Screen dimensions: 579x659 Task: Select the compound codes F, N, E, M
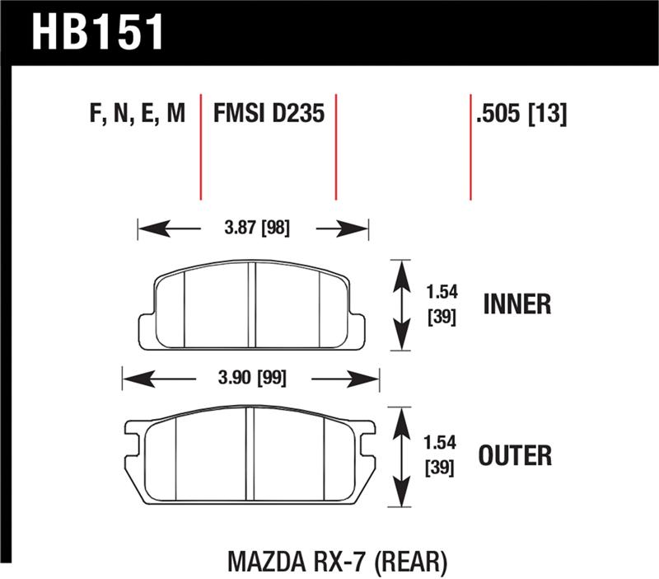pos(135,115)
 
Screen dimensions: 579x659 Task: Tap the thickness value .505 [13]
pos(521,115)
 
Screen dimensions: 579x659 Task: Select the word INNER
pos(516,304)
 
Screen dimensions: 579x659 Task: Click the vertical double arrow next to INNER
pos(401,304)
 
